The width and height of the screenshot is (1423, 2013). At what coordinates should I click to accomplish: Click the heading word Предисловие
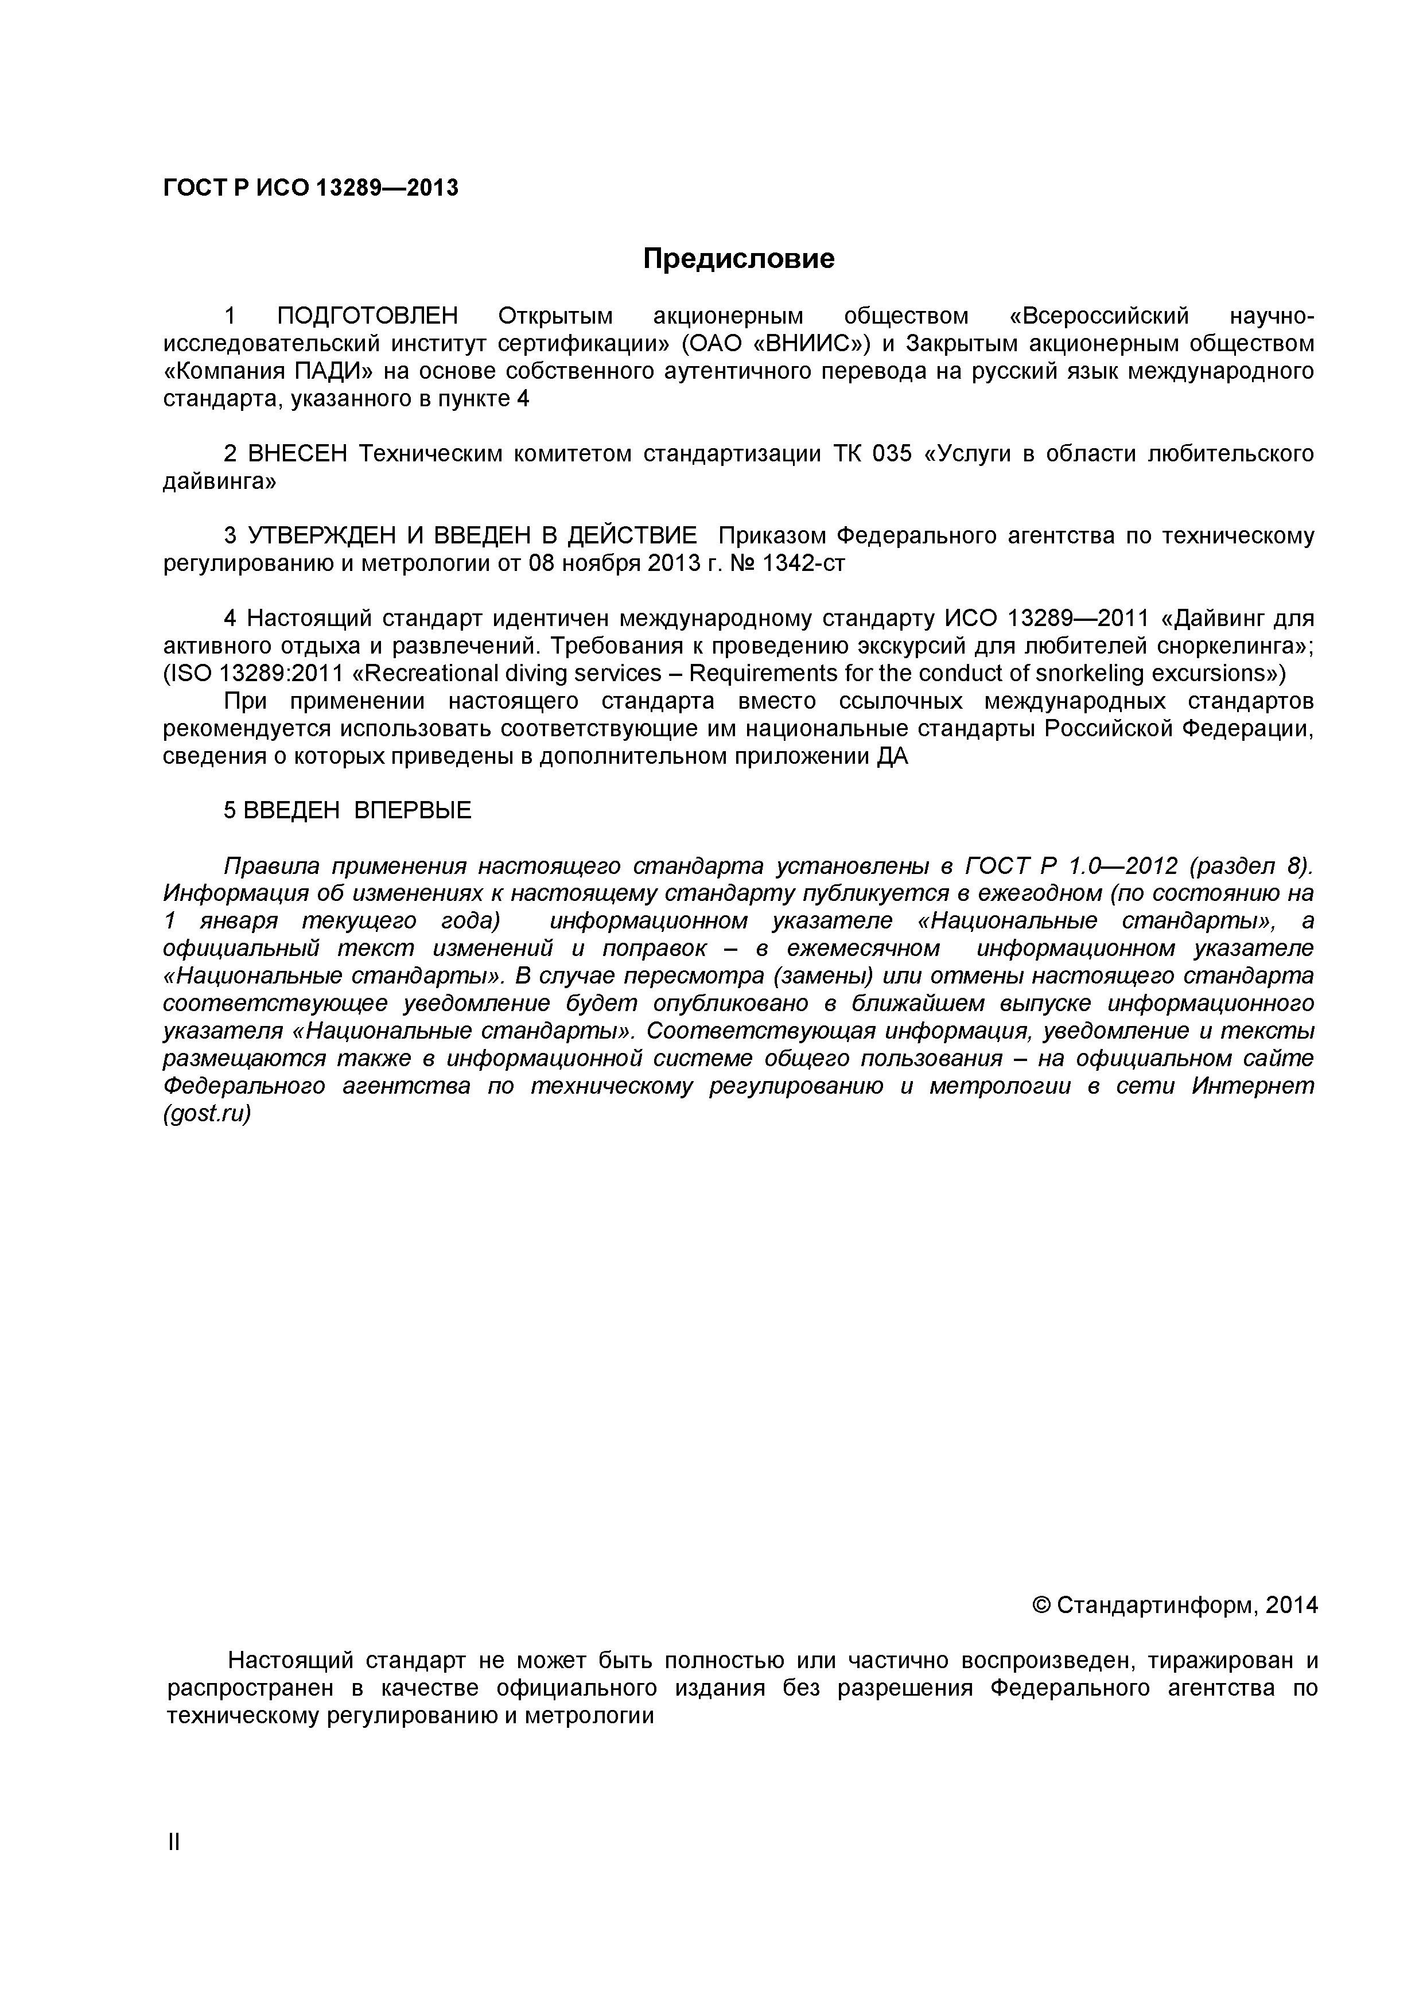(x=738, y=259)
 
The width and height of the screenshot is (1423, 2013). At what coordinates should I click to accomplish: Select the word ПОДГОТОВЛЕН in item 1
(x=367, y=316)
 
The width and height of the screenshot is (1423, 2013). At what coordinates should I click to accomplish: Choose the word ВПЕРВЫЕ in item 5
(x=412, y=810)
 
